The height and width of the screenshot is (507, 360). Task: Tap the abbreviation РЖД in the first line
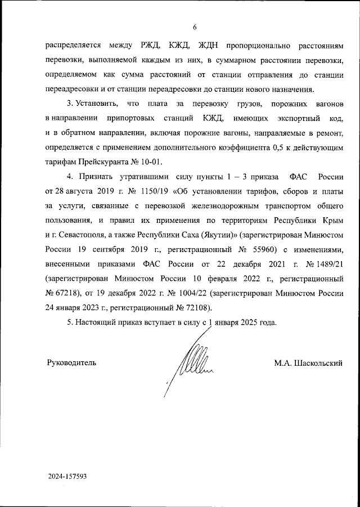[152, 46]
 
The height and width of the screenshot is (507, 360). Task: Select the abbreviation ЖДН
[209, 46]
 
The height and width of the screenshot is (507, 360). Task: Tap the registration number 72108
[198, 308]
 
